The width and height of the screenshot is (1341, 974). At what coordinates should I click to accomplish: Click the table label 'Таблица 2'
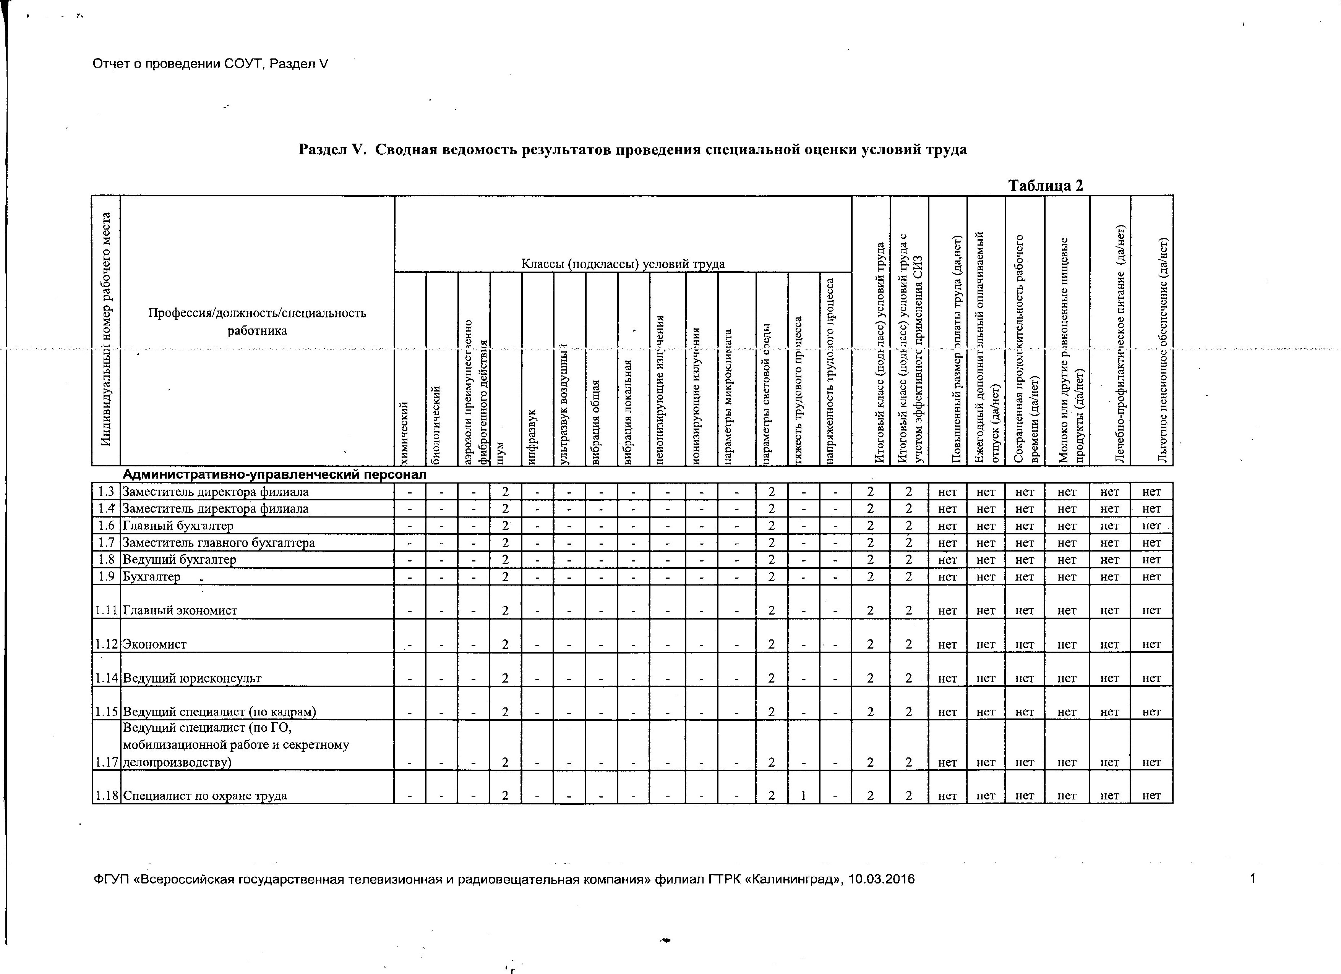pos(1045,186)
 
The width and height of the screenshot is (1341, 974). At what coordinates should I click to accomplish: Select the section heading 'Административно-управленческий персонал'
pos(274,475)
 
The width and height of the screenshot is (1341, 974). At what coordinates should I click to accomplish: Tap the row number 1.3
pos(106,492)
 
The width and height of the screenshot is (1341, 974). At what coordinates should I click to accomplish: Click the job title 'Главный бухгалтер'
pos(178,526)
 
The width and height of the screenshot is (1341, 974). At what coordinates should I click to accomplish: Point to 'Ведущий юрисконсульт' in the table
pos(192,678)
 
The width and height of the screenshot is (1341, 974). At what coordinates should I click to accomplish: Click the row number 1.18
pos(106,796)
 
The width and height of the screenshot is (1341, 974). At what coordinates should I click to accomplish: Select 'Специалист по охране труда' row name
pos(205,796)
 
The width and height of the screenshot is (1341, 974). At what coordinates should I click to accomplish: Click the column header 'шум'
pos(501,453)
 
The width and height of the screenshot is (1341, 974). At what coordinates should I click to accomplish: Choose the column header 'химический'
pos(405,432)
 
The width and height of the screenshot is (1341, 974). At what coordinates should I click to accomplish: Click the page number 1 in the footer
pos(1252,879)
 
